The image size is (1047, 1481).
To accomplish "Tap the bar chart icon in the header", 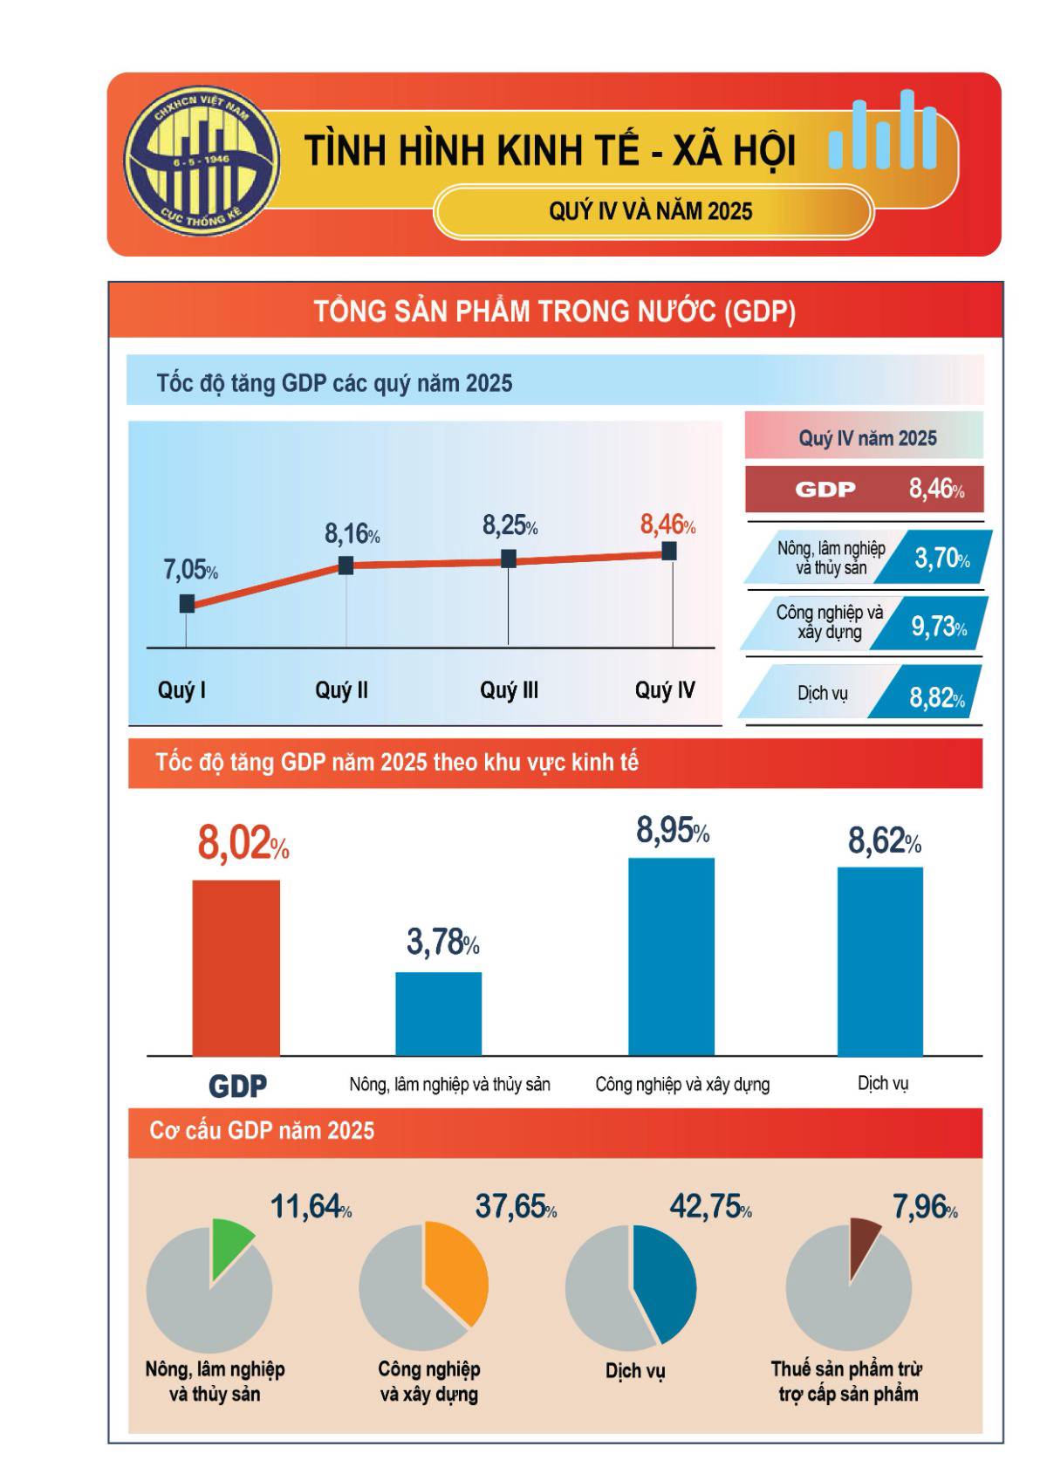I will [x=883, y=131].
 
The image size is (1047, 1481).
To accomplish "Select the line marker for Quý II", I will [x=346, y=565].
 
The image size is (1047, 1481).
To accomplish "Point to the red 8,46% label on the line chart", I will [x=667, y=525].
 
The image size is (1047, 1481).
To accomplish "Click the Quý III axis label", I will [x=509, y=690].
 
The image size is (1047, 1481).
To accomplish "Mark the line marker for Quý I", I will [x=187, y=603].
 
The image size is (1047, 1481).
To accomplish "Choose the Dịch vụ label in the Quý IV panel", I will [x=822, y=694].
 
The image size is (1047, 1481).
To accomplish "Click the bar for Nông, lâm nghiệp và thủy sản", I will [x=438, y=1013].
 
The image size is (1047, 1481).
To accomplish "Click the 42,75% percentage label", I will [x=709, y=1207].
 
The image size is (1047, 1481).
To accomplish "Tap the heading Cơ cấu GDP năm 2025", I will [x=262, y=1131].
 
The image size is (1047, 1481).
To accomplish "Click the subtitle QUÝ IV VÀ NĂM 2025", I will [x=651, y=211].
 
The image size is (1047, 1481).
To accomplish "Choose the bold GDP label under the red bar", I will [x=237, y=1087].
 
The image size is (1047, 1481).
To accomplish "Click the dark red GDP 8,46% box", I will [x=864, y=489].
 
